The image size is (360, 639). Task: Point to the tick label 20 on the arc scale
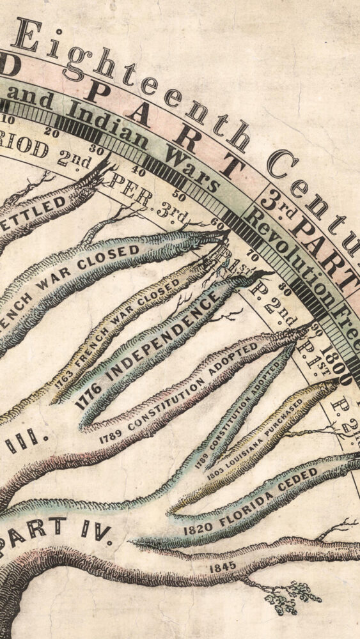(x=52, y=133)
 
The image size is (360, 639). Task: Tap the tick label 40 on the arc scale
(x=139, y=171)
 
